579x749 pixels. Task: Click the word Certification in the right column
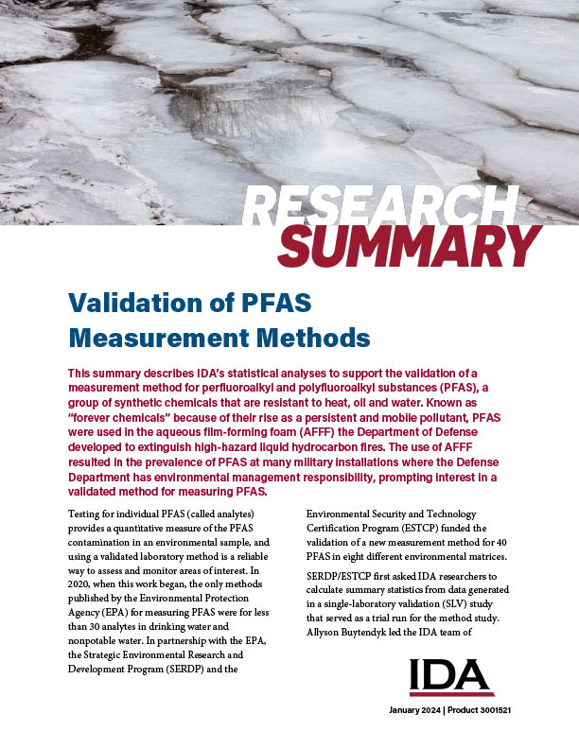(x=340, y=528)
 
